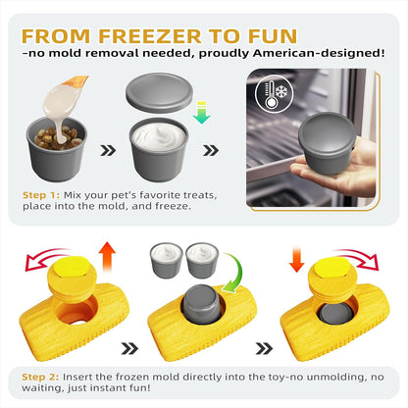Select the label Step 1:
(46, 195)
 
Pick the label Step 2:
(46, 375)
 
